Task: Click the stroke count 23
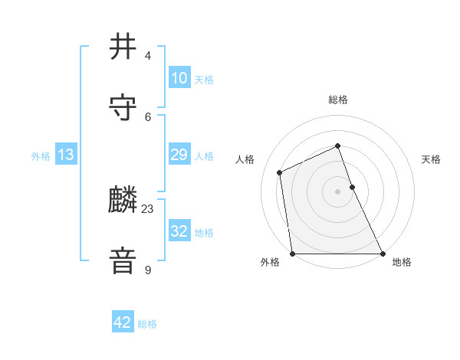148,208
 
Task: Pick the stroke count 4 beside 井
147,56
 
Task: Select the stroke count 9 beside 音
147,270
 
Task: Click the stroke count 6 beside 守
147,116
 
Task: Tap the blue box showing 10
179,78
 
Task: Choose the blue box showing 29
179,155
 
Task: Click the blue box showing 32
179,231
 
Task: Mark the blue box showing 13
66,155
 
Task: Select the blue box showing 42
123,322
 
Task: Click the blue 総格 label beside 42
147,324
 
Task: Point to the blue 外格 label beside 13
41,156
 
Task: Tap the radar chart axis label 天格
432,159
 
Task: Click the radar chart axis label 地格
402,263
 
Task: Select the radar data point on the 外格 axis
292,254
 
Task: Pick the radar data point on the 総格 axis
337,146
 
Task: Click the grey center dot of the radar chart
337,191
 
